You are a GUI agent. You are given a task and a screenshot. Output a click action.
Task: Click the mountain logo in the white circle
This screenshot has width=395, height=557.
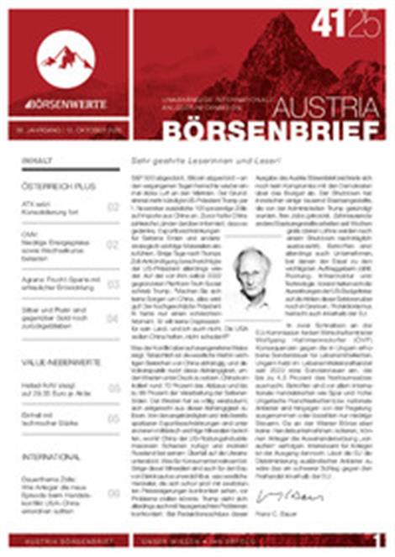[66, 57]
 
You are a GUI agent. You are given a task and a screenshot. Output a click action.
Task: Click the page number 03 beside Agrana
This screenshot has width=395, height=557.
[113, 284]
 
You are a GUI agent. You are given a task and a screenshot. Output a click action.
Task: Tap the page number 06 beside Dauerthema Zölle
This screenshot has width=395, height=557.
[113, 494]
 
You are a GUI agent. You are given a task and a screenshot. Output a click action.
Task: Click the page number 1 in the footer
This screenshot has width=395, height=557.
[380, 540]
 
